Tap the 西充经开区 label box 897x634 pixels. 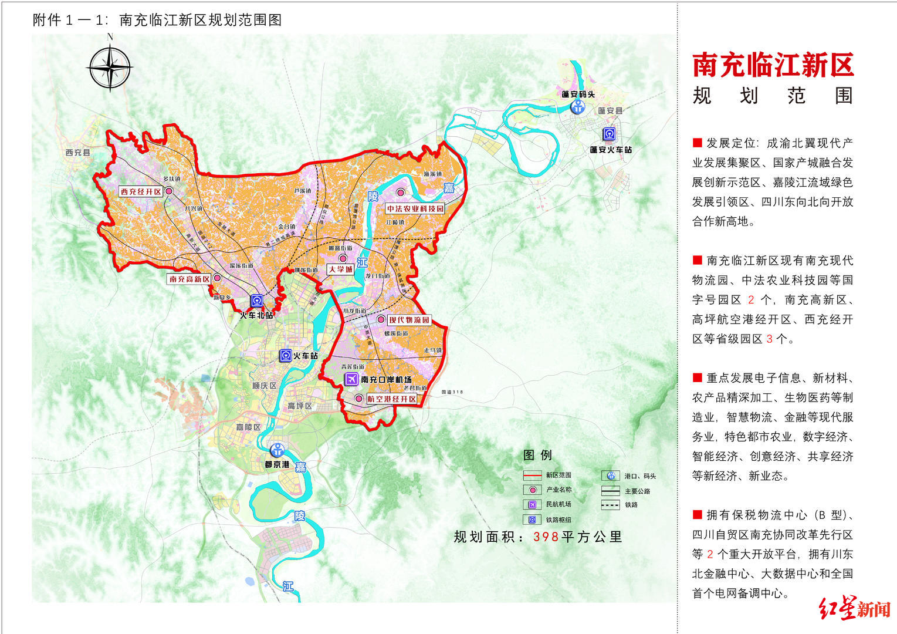(141, 191)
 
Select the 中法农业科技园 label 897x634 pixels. (415, 208)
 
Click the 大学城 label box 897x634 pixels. (340, 269)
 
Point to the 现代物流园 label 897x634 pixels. (409, 320)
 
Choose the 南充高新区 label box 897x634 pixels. (189, 279)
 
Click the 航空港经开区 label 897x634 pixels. (392, 399)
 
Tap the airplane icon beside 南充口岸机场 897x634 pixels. (351, 379)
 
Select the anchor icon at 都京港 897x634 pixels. (277, 450)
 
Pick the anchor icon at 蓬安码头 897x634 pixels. (578, 107)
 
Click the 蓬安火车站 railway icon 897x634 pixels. (610, 134)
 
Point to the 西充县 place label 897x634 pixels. (78, 153)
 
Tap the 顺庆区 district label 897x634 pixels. (264, 386)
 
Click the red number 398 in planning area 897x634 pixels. (546, 537)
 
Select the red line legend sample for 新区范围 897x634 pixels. (532, 475)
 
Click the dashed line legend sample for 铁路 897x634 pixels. (610, 505)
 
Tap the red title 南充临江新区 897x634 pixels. (773, 65)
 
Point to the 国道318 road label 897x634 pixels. (452, 392)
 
